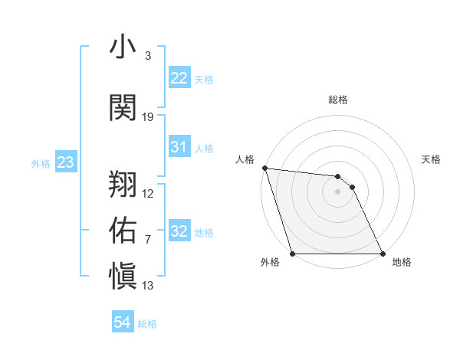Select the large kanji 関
click(123, 107)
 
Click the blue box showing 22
click(179, 77)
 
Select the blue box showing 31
click(179, 147)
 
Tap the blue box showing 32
click(179, 231)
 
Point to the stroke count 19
click(148, 117)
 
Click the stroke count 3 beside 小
click(147, 56)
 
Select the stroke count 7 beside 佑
click(147, 240)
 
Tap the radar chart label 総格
click(338, 100)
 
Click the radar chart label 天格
click(432, 159)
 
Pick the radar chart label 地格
click(402, 263)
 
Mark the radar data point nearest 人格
click(264, 169)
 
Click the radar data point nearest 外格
click(293, 254)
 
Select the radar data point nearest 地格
click(383, 254)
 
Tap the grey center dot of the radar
click(338, 191)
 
